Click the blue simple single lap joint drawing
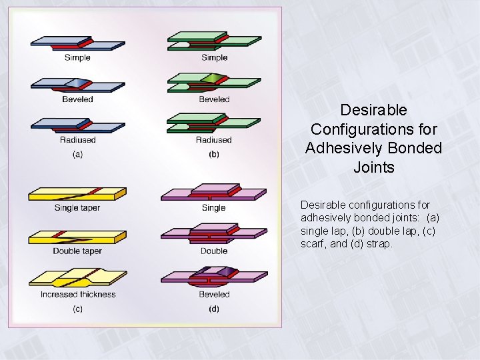pyautogui.click(x=77, y=43)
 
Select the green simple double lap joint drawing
pyautogui.click(x=214, y=41)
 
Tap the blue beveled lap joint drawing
pyautogui.click(x=77, y=85)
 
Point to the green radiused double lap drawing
pyautogui.click(x=214, y=123)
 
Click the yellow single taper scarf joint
pyautogui.click(x=77, y=194)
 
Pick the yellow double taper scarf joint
pyautogui.click(x=77, y=237)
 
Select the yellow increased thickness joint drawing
pyautogui.click(x=77, y=277)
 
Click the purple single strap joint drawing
pyautogui.click(x=213, y=193)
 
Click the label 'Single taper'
pyautogui.click(x=77, y=208)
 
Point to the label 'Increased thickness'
pyautogui.click(x=78, y=295)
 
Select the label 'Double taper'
pyautogui.click(x=77, y=251)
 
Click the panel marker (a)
pyautogui.click(x=77, y=155)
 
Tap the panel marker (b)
pyautogui.click(x=214, y=155)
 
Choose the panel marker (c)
pyautogui.click(x=77, y=309)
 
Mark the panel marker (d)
pyautogui.click(x=214, y=309)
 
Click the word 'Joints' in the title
pyautogui.click(x=373, y=167)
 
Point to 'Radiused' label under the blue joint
pyautogui.click(x=77, y=140)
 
